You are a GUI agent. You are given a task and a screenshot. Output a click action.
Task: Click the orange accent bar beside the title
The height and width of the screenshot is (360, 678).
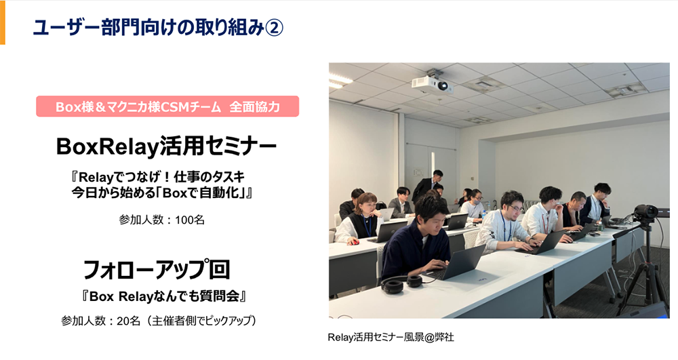[x=2, y=22]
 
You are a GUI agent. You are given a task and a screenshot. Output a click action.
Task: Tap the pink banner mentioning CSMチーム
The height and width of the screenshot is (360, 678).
[x=167, y=106]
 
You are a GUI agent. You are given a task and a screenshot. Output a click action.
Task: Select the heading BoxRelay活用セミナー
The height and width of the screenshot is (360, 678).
[x=166, y=145]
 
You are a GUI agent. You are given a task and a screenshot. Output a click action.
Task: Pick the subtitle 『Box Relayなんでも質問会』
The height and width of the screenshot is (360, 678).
[x=162, y=296]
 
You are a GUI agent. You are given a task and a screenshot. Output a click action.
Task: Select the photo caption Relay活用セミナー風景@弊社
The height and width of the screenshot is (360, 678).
[x=391, y=337]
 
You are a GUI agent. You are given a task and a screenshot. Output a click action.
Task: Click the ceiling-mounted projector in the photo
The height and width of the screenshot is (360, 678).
[x=431, y=84]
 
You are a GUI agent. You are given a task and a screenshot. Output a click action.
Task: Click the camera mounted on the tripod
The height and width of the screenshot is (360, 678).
[x=645, y=212]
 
